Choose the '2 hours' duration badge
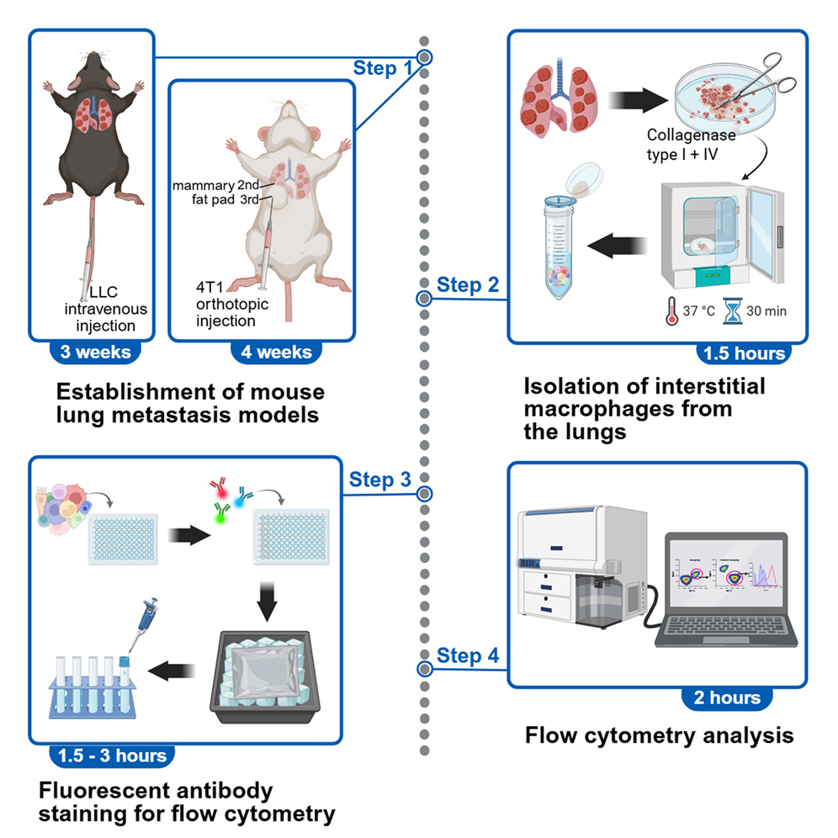727,697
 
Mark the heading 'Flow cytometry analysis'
659,736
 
